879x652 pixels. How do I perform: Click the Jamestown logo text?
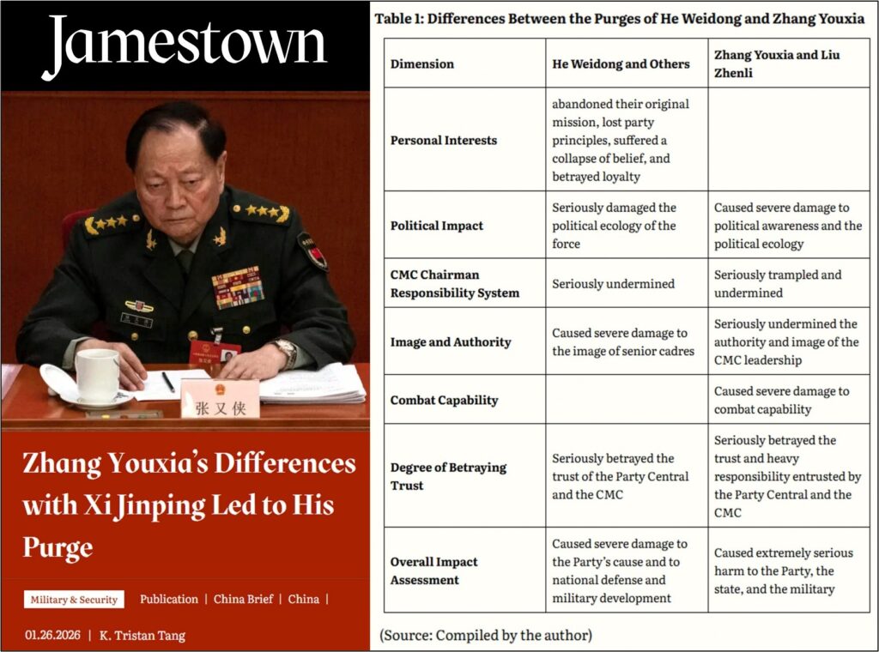click(x=185, y=44)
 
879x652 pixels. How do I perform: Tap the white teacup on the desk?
click(x=97, y=375)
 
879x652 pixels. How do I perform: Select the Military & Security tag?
click(x=74, y=600)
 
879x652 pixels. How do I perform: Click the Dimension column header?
click(x=421, y=63)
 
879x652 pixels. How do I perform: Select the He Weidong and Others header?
click(x=621, y=63)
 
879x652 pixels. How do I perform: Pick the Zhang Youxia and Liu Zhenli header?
click(x=777, y=63)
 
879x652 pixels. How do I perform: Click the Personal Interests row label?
click(x=443, y=140)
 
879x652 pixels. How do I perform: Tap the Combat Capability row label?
click(x=444, y=400)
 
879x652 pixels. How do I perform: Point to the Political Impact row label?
click(x=437, y=226)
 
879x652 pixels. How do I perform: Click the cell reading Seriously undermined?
click(x=613, y=283)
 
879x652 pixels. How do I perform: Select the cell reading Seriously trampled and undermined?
click(x=778, y=283)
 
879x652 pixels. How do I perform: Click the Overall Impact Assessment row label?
click(x=434, y=570)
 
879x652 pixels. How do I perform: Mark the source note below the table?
click(x=485, y=636)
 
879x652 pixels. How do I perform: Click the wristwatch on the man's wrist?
click(x=285, y=350)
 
